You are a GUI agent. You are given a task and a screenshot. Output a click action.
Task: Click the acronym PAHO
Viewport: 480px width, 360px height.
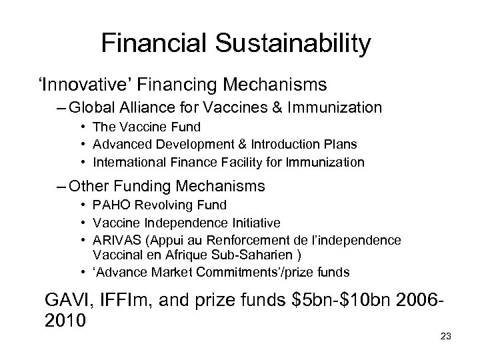(x=110, y=205)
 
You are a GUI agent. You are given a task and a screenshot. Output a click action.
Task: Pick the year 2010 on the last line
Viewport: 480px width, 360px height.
(x=65, y=320)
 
